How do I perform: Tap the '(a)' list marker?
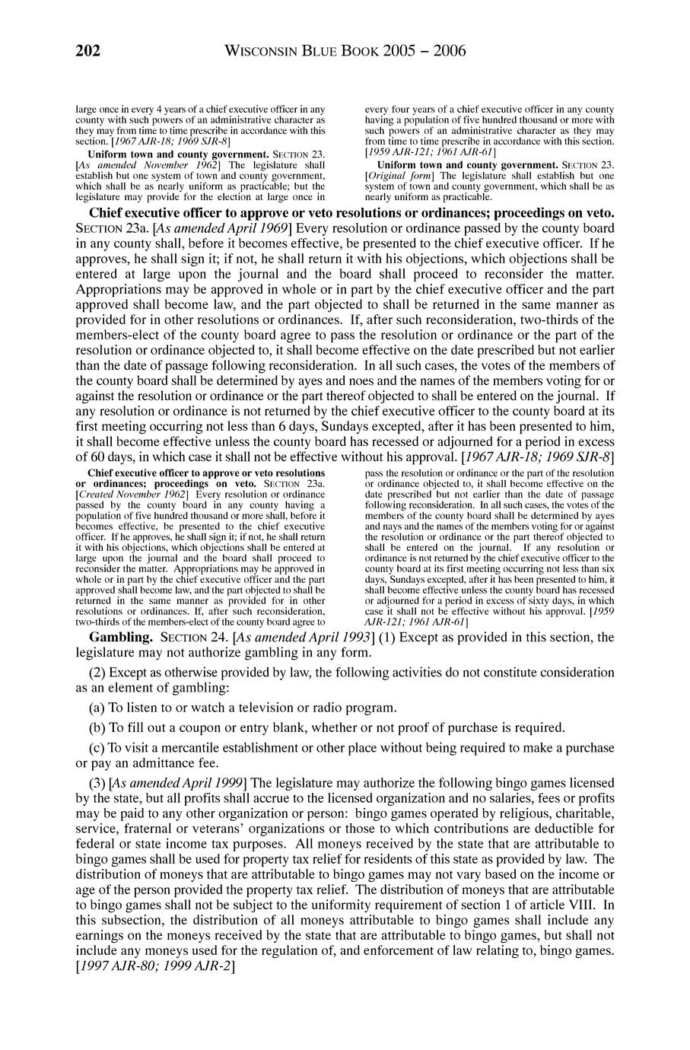(x=98, y=708)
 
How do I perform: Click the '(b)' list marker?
(x=98, y=727)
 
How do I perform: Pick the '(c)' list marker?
(x=98, y=746)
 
